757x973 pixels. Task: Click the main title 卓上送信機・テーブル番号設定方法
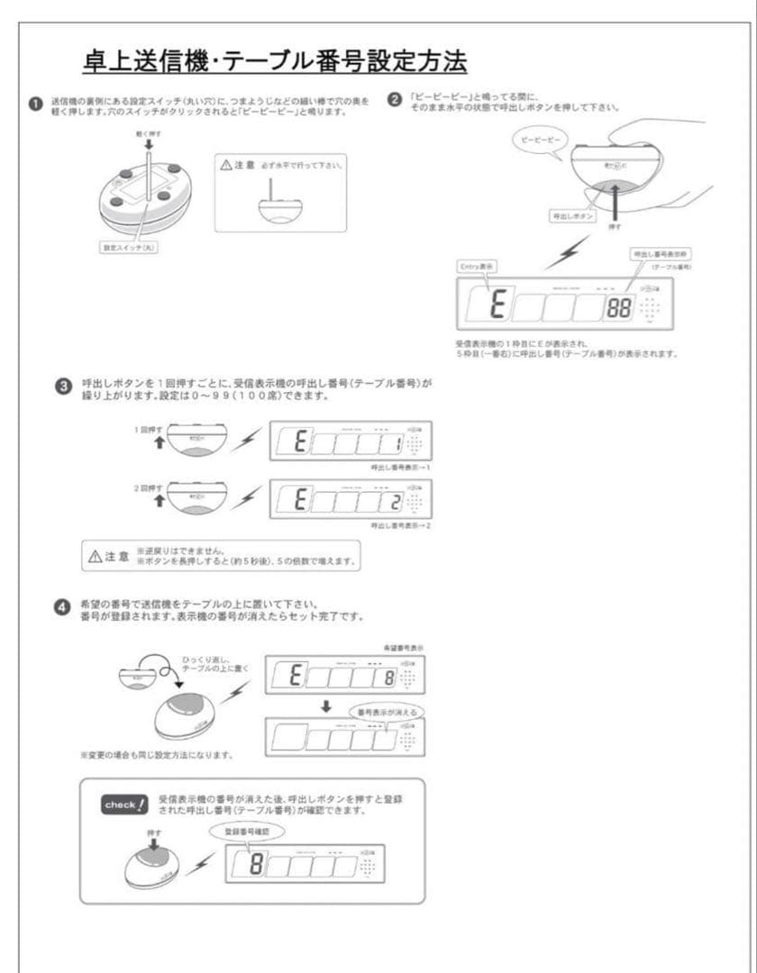(x=273, y=63)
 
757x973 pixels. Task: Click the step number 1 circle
(x=35, y=105)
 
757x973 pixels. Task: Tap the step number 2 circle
(x=394, y=99)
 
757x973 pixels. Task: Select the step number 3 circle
(x=61, y=387)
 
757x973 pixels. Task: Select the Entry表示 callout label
(x=479, y=268)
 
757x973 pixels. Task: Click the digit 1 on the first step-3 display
(x=396, y=443)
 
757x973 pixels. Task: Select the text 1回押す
(x=147, y=430)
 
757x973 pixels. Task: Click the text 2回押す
(x=147, y=487)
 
